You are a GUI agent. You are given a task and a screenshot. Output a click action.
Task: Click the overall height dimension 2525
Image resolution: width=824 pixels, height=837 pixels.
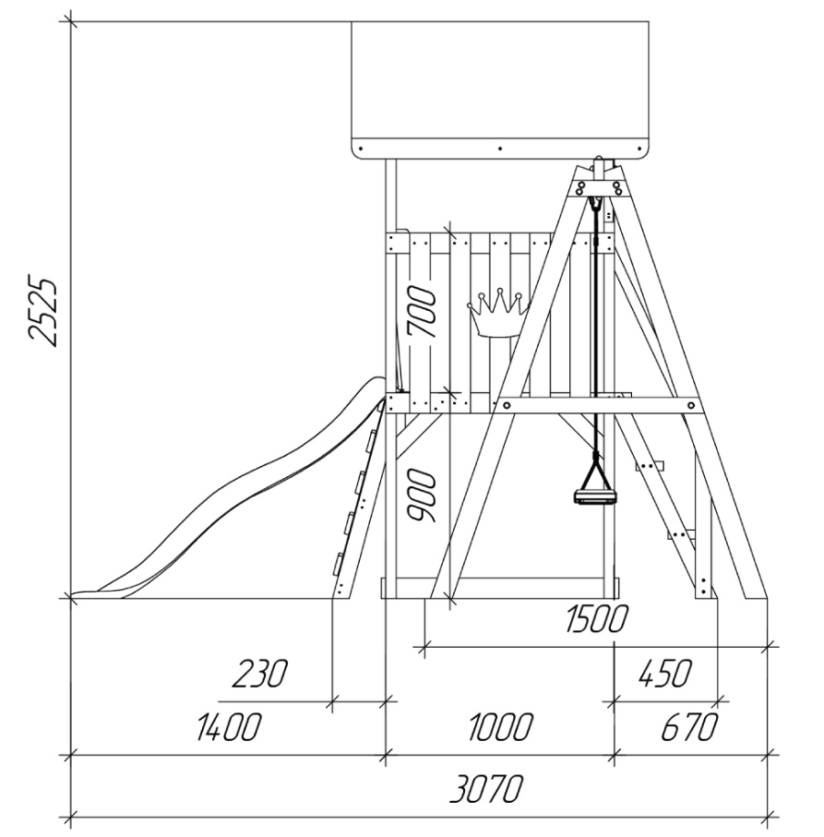point(42,312)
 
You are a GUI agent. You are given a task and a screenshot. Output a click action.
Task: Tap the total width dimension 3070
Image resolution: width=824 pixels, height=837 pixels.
point(485,790)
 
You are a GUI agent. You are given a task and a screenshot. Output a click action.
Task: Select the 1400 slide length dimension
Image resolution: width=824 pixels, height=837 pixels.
point(229,726)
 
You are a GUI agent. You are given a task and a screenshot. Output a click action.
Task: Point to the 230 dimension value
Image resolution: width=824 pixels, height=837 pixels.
point(259,673)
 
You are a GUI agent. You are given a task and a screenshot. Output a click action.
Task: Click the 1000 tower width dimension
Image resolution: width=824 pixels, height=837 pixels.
point(501,726)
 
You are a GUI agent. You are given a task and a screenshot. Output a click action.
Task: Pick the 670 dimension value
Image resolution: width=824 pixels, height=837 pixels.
point(688,726)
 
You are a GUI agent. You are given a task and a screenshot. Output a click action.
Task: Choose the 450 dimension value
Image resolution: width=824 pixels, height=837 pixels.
point(665,673)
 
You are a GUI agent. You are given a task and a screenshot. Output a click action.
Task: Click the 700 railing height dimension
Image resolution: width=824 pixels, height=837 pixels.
point(422,312)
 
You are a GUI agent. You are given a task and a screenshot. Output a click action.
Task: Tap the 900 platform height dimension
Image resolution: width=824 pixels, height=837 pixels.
point(422,496)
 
